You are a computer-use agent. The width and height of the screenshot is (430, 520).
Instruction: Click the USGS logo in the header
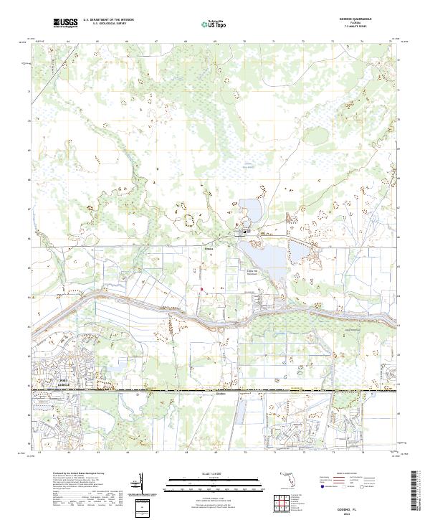pyautogui.click(x=65, y=23)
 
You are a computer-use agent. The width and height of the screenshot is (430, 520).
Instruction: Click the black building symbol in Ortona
pyautogui.click(x=245, y=232)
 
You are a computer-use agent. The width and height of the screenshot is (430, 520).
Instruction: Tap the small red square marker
pyautogui.click(x=201, y=290)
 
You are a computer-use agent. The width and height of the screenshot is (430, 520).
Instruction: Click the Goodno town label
pyautogui.click(x=221, y=394)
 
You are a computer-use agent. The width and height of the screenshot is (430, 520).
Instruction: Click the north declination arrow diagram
pyautogui.click(x=145, y=484)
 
